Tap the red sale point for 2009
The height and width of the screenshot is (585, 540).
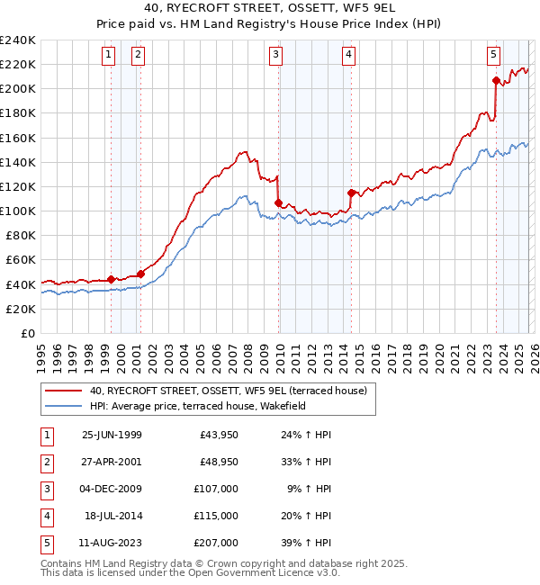(278, 202)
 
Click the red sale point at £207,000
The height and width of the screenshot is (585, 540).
(496, 80)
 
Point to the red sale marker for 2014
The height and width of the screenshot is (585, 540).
(351, 193)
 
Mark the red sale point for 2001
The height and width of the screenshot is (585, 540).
(140, 274)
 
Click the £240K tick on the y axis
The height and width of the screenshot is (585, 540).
(18, 40)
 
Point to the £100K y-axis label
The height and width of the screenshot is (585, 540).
(18, 211)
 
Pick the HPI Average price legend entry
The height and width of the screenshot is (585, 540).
(198, 407)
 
